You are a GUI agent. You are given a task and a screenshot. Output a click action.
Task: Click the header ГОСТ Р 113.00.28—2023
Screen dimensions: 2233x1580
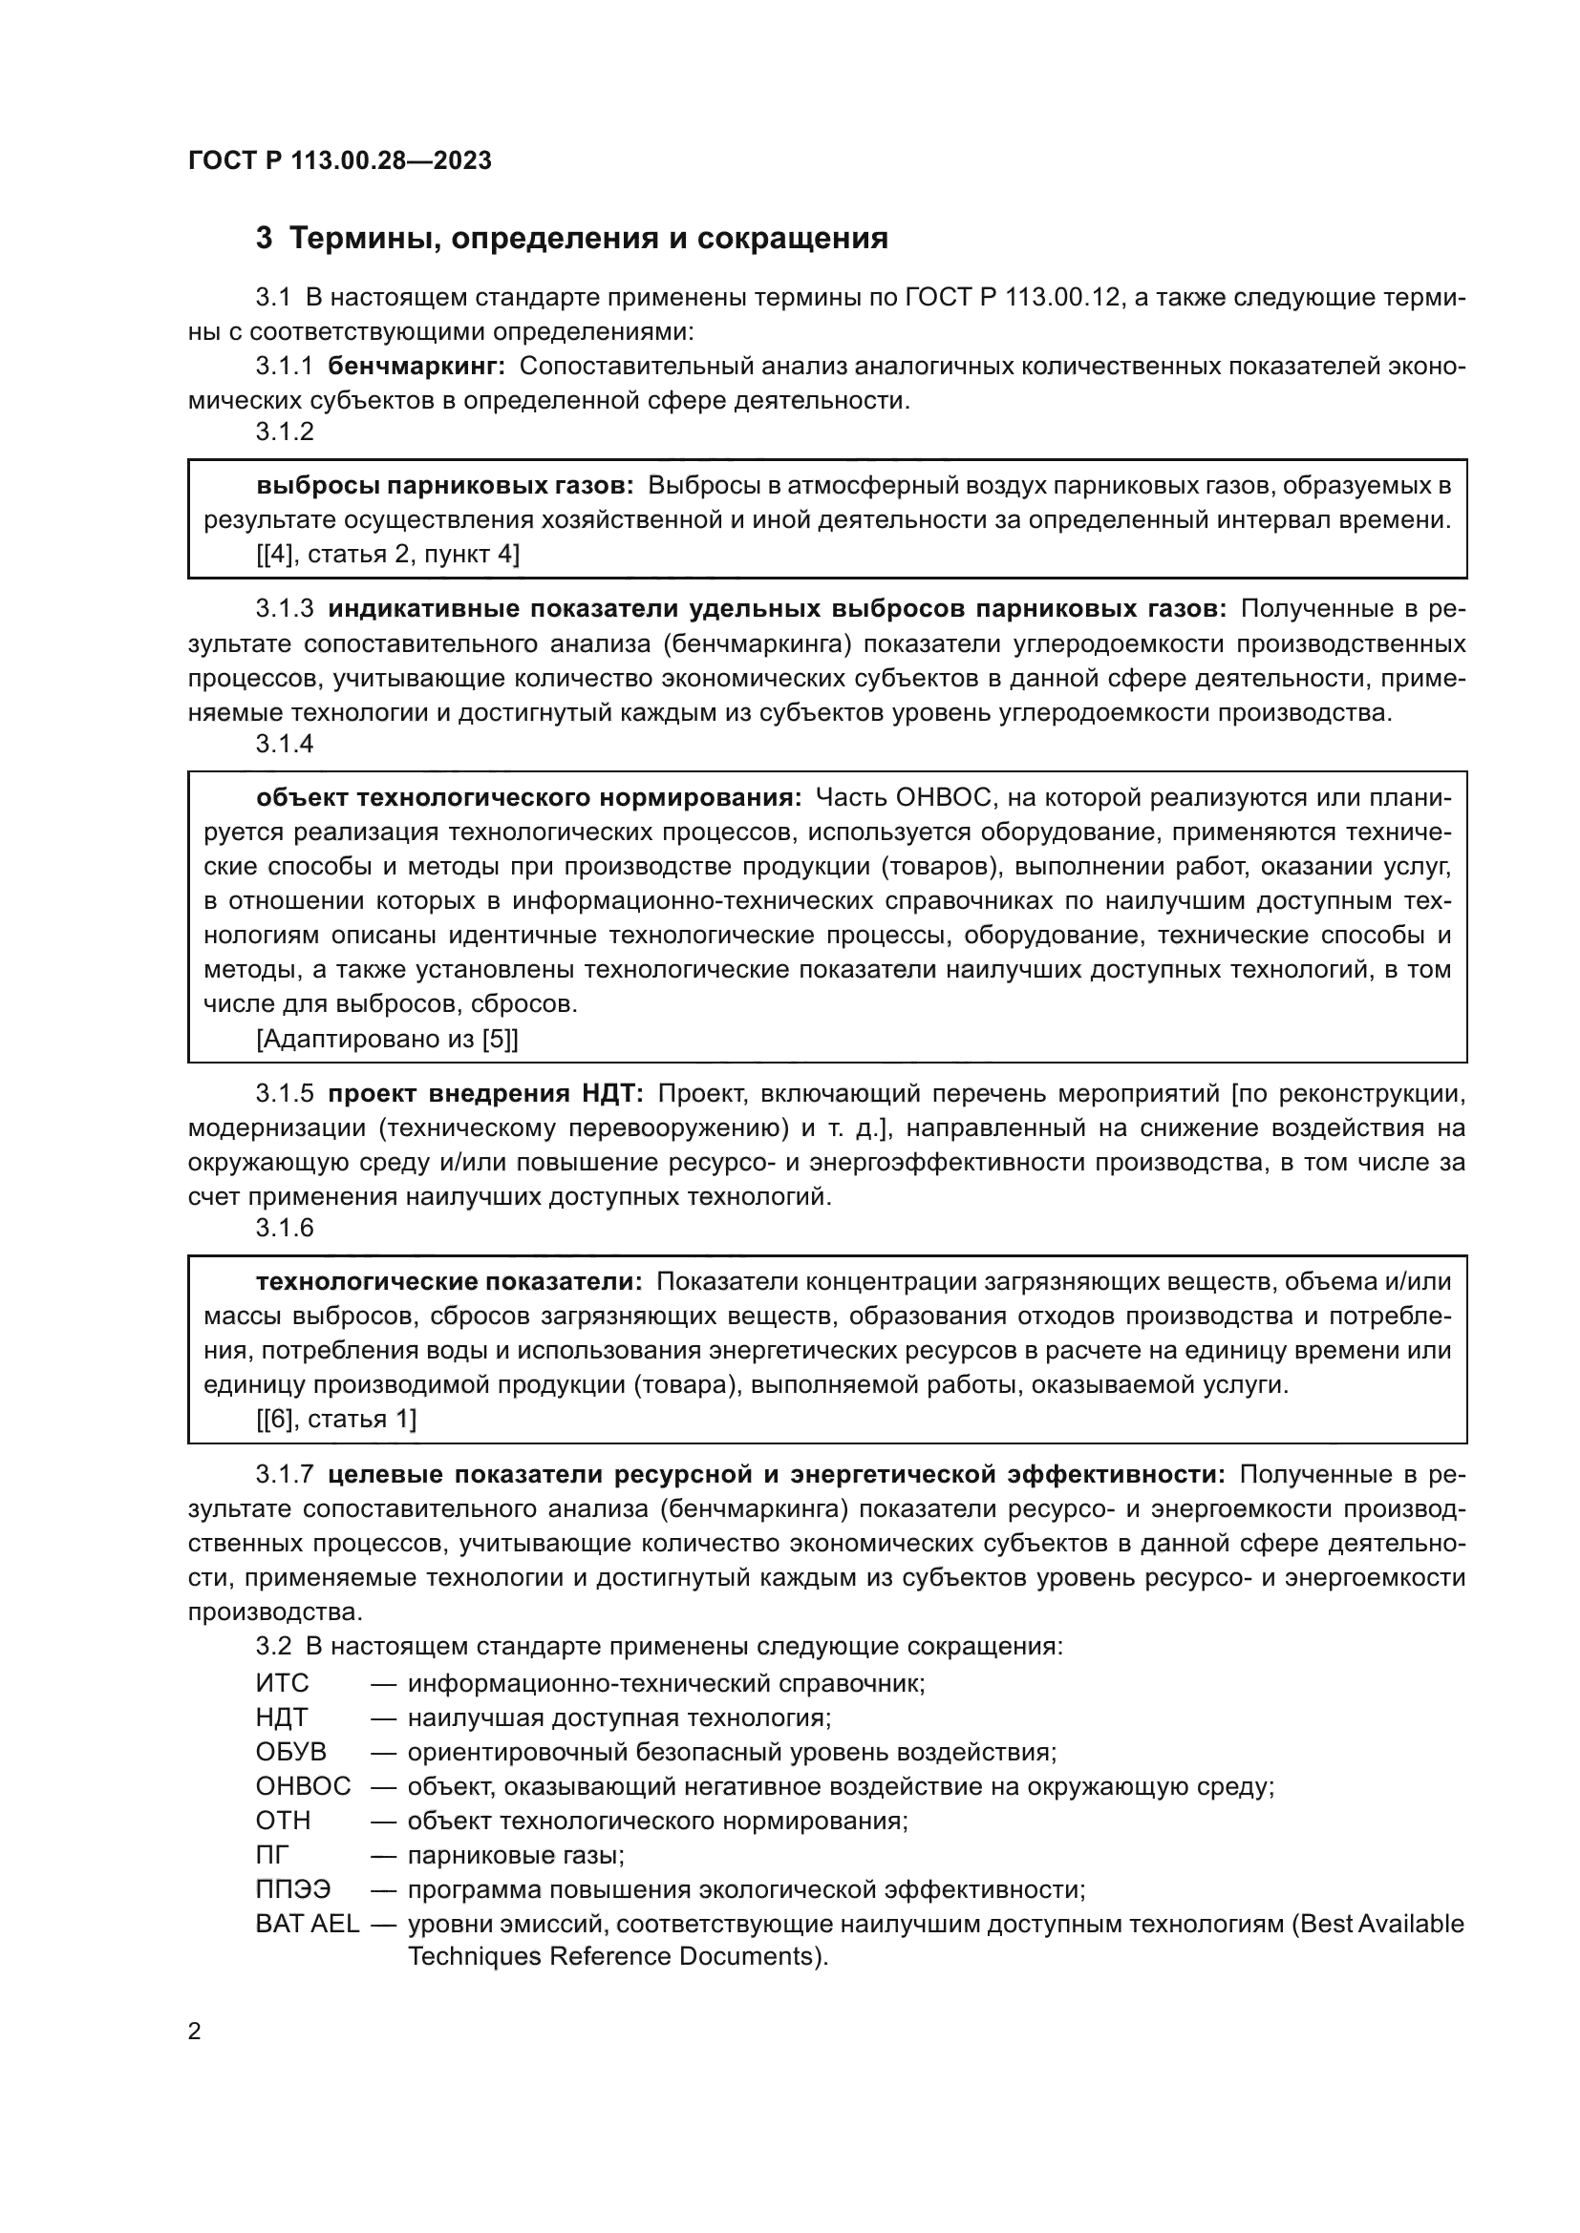[x=339, y=160]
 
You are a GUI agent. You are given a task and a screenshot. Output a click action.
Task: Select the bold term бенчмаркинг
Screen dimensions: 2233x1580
[x=416, y=367]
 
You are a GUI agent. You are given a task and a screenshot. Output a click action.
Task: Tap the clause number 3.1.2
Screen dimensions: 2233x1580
[x=285, y=432]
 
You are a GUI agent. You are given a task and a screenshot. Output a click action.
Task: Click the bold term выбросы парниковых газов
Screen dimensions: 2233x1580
[x=444, y=484]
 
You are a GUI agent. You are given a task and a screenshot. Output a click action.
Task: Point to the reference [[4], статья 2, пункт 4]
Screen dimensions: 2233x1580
[x=387, y=555]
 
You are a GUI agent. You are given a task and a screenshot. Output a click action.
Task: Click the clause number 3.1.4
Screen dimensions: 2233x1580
[x=285, y=744]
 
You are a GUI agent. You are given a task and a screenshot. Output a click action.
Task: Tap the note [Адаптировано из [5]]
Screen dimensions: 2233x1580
[x=386, y=1039]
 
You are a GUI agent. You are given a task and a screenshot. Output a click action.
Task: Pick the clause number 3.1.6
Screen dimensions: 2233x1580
[x=285, y=1228]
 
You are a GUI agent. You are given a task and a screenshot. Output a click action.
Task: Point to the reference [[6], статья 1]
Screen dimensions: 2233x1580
[x=335, y=1419]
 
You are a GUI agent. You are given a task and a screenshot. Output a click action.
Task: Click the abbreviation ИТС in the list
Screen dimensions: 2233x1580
[x=282, y=1682]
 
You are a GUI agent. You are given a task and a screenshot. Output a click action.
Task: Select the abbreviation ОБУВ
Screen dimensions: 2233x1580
[x=291, y=1752]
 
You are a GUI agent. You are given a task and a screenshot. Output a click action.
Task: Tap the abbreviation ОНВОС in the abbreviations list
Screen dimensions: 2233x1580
[x=303, y=1785]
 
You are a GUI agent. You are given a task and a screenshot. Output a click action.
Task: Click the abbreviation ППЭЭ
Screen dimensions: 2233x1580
[x=293, y=1889]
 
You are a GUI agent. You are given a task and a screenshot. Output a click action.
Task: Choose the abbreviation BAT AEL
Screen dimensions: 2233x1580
[x=308, y=1924]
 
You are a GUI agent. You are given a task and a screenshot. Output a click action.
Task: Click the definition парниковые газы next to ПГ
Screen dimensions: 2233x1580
[x=515, y=1855]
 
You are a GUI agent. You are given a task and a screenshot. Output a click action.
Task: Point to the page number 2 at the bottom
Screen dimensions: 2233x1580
[x=195, y=2032]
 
